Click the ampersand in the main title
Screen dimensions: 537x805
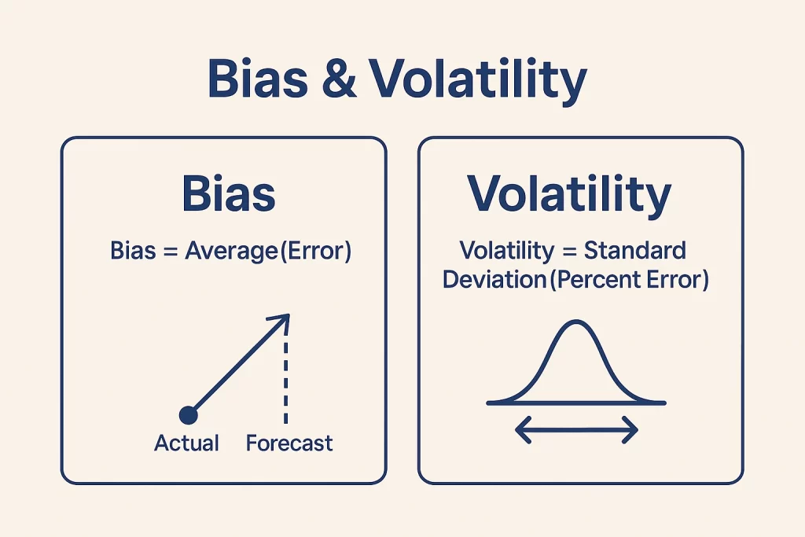click(x=338, y=79)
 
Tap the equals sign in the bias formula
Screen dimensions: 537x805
click(x=170, y=252)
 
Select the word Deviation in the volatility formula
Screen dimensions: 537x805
click(x=491, y=279)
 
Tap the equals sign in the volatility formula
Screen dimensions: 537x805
click(x=570, y=252)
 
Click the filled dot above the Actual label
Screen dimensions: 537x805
click(x=188, y=414)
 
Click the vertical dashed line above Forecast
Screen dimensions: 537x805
click(x=287, y=377)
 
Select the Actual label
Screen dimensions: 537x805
click(x=186, y=443)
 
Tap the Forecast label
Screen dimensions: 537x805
click(x=289, y=443)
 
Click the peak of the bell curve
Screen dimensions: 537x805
click(x=575, y=322)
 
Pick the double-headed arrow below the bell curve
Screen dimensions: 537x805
click(x=575, y=429)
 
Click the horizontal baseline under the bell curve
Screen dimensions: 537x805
click(x=503, y=403)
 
